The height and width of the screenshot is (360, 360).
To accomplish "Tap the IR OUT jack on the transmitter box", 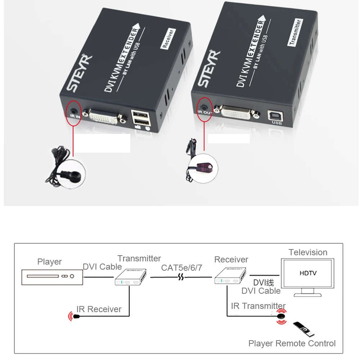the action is tap(204, 107).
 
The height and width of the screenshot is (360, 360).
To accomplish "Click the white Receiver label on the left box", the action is tap(168, 39).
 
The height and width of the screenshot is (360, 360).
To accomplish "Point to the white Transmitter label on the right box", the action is tap(295, 32).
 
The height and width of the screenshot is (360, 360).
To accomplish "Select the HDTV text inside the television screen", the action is tap(308, 273).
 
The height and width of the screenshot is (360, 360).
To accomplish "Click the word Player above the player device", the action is tap(49, 262).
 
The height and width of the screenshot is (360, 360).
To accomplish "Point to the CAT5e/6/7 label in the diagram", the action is tap(181, 268).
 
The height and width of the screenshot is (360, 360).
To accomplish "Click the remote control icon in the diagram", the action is tap(303, 329).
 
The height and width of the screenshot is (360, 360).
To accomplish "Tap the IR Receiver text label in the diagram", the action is tap(99, 309).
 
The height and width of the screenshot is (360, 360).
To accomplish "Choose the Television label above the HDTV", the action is tap(308, 252).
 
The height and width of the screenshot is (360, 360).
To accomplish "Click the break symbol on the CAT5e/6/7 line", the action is tap(181, 277).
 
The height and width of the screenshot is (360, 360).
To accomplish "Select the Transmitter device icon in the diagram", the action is tap(131, 277).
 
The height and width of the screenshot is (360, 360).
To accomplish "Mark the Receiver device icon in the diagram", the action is tap(230, 275).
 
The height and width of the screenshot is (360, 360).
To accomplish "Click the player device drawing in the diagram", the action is tap(52, 277).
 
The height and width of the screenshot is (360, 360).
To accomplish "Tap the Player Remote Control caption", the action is tap(292, 343).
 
